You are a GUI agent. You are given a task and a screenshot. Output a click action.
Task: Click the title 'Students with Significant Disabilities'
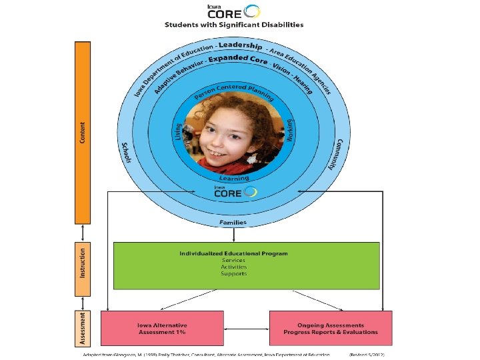click(234, 25)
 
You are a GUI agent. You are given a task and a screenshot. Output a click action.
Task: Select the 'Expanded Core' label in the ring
click(238, 59)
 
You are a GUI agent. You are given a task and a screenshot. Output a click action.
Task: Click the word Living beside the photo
click(179, 131)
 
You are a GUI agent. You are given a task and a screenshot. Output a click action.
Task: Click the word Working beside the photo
click(289, 130)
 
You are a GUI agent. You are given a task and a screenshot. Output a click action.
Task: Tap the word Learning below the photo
click(234, 178)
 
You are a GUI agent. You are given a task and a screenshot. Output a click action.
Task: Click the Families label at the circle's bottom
click(233, 222)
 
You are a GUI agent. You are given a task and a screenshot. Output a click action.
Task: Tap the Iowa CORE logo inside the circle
click(233, 192)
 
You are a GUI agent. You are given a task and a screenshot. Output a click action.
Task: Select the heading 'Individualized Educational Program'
click(233, 253)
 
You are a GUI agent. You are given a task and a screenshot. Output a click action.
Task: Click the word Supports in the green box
click(233, 273)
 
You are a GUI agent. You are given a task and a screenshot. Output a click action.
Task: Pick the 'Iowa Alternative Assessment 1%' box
click(162, 327)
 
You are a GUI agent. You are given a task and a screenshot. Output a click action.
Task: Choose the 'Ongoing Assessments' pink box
click(331, 327)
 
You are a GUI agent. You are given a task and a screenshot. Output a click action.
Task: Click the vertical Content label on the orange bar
click(82, 131)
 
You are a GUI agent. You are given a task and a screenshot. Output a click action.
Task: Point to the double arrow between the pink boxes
click(247, 328)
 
